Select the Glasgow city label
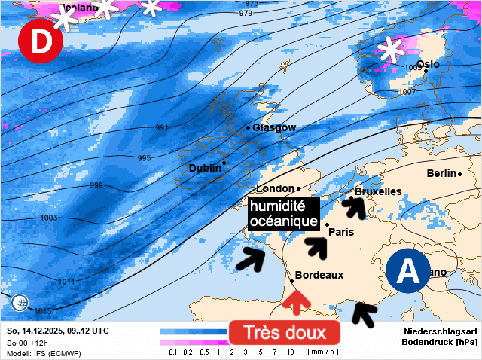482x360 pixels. [274, 128]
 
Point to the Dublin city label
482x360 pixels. [205, 168]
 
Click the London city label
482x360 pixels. [275, 188]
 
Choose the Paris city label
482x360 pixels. [341, 232]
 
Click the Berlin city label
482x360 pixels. [442, 174]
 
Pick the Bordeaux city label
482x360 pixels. [319, 276]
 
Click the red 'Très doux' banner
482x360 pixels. [285, 332]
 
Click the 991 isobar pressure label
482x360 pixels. [162, 128]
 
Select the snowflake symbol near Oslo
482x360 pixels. [391, 50]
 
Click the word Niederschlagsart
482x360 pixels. [441, 331]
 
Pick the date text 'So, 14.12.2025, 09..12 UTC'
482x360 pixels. [57, 331]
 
